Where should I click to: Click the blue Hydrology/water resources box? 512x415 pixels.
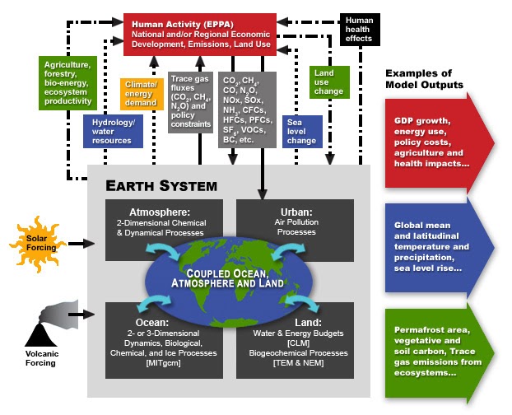112,129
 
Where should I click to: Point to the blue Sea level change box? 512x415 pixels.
301,129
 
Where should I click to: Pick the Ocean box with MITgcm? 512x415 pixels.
156,338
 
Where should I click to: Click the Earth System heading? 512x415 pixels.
157,185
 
